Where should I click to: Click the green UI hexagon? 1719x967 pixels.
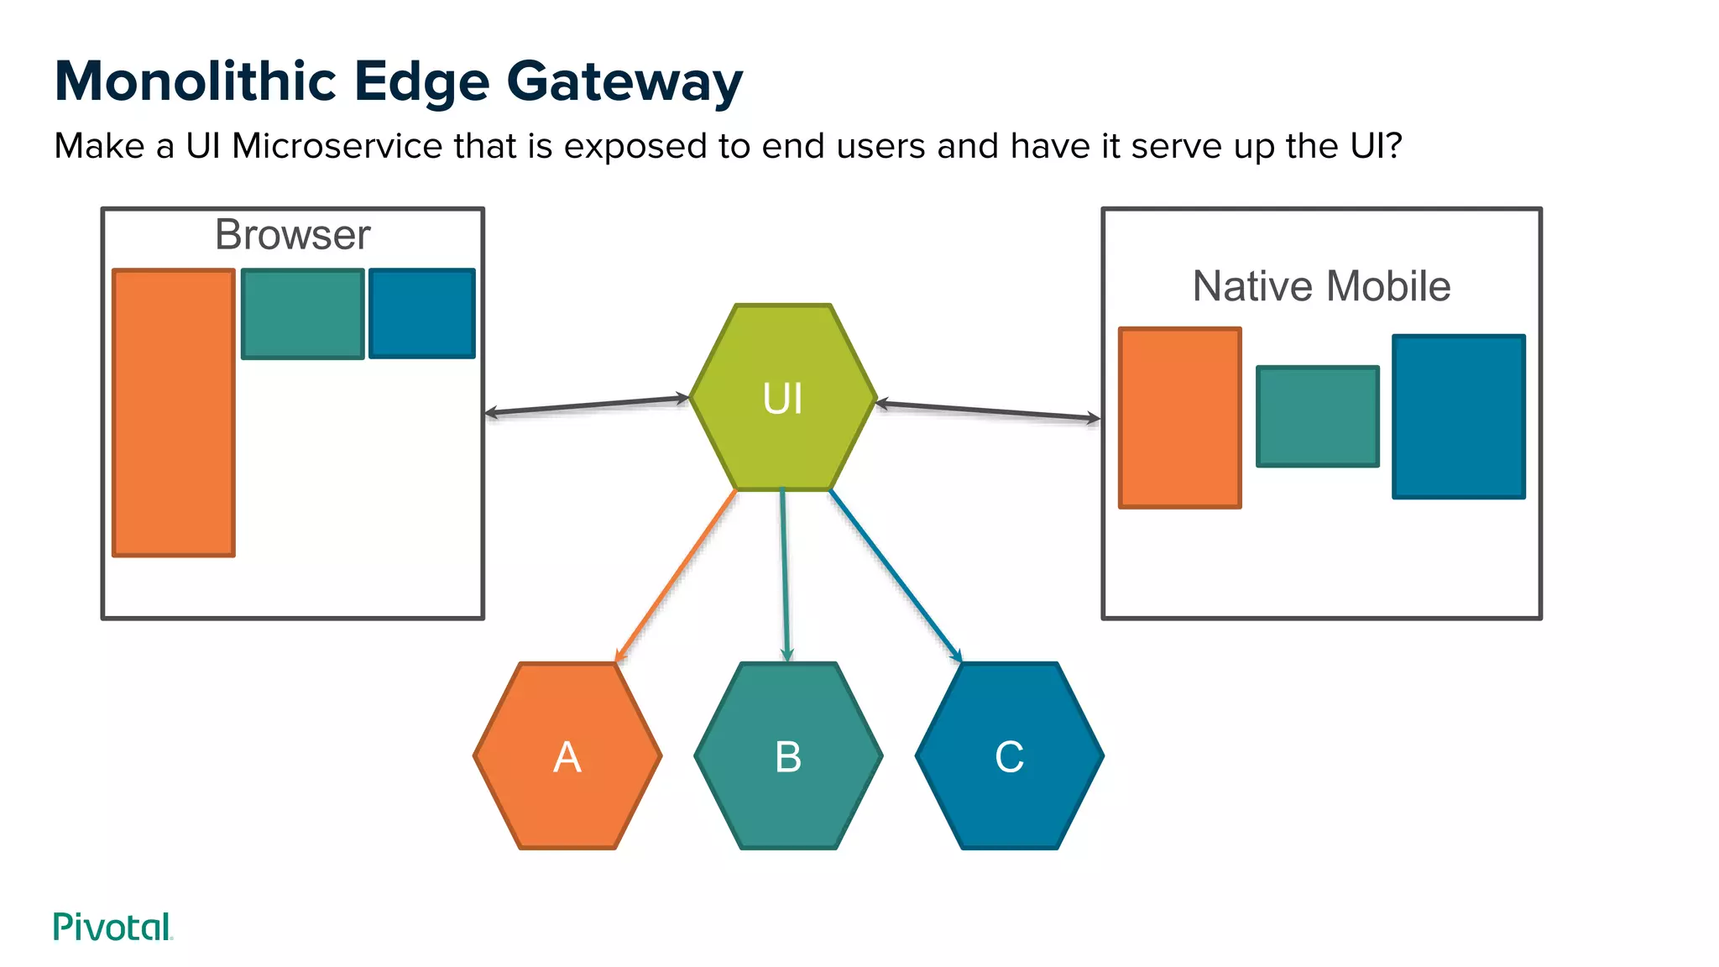pos(783,397)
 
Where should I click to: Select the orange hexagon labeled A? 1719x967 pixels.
pos(567,756)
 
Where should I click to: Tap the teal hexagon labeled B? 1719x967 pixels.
pos(788,756)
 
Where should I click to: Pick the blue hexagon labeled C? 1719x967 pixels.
pos(1009,756)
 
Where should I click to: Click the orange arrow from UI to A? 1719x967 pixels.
pos(677,576)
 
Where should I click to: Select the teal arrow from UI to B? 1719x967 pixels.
pos(785,575)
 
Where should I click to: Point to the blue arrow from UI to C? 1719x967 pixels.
pos(895,576)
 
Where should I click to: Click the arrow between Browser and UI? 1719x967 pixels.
pos(588,405)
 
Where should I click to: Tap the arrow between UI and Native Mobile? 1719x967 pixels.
pos(987,411)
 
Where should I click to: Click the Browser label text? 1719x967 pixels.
pos(292,235)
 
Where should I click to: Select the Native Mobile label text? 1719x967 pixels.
pos(1321,286)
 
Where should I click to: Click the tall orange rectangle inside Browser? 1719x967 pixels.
pos(174,412)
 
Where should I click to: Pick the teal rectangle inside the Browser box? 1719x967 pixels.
pos(303,314)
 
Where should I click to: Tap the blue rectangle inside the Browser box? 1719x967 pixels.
pos(422,313)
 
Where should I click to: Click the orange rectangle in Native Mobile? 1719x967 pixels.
pos(1180,418)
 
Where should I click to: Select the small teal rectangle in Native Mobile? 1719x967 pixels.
pos(1318,416)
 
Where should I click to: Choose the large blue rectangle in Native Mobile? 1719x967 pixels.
pos(1459,416)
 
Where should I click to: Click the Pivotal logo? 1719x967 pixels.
pos(112,927)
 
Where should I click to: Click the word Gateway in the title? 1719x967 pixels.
pos(624,81)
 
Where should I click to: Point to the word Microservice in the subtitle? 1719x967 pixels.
pos(337,146)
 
